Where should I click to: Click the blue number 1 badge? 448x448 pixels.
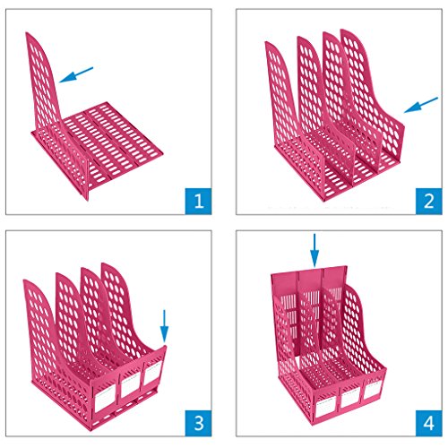point(198,201)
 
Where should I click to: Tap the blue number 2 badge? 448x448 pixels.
point(429,201)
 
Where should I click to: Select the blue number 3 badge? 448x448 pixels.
point(198,423)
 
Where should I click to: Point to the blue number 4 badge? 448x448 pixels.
point(429,423)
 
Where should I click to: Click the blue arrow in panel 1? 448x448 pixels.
point(76,74)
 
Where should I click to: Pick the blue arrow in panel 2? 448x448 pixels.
point(421,105)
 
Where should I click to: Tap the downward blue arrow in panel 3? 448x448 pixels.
point(164,325)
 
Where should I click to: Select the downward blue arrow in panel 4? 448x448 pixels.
point(314,250)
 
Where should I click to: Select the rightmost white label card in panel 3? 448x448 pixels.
point(152,373)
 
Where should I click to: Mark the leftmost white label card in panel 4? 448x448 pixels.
point(326,406)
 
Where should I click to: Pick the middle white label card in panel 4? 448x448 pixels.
point(350,398)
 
